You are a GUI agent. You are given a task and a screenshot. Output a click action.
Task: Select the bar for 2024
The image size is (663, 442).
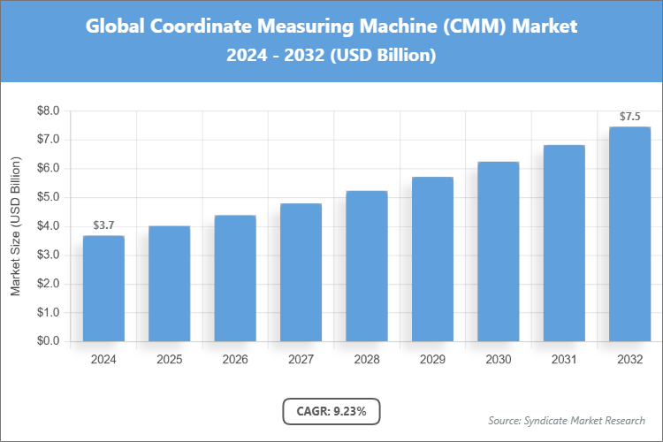(x=103, y=288)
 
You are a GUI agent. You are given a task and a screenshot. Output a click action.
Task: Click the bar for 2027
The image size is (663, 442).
(x=301, y=272)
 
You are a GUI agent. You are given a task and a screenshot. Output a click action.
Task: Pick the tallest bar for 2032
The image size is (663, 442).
(x=629, y=234)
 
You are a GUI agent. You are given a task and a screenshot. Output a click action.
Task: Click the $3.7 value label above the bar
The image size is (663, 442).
(x=103, y=226)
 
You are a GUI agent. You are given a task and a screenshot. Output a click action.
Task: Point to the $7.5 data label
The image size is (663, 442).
(x=629, y=117)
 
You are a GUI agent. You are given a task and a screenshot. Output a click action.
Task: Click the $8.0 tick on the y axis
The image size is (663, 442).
(x=48, y=111)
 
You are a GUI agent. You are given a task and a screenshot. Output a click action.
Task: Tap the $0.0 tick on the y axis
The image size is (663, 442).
(x=48, y=341)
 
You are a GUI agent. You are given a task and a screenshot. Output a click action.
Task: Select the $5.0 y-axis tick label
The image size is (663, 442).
(x=48, y=197)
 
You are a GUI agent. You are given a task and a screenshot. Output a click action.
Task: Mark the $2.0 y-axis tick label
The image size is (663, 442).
(x=48, y=284)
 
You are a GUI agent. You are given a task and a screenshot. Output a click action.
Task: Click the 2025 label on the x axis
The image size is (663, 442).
(x=169, y=360)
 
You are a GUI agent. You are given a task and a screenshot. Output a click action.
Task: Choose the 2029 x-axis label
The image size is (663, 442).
(x=432, y=360)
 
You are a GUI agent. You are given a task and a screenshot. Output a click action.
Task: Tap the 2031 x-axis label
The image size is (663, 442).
(x=564, y=360)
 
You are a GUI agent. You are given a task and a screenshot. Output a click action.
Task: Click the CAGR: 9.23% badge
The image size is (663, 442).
(x=331, y=411)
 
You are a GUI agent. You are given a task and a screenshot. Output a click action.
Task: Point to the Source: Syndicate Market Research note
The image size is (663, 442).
(x=566, y=420)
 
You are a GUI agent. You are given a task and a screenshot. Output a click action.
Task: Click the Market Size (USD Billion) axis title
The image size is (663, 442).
(x=15, y=226)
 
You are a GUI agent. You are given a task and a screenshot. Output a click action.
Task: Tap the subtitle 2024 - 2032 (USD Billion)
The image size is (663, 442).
(x=331, y=55)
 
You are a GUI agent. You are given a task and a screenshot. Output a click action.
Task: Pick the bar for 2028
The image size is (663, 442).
(x=366, y=266)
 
